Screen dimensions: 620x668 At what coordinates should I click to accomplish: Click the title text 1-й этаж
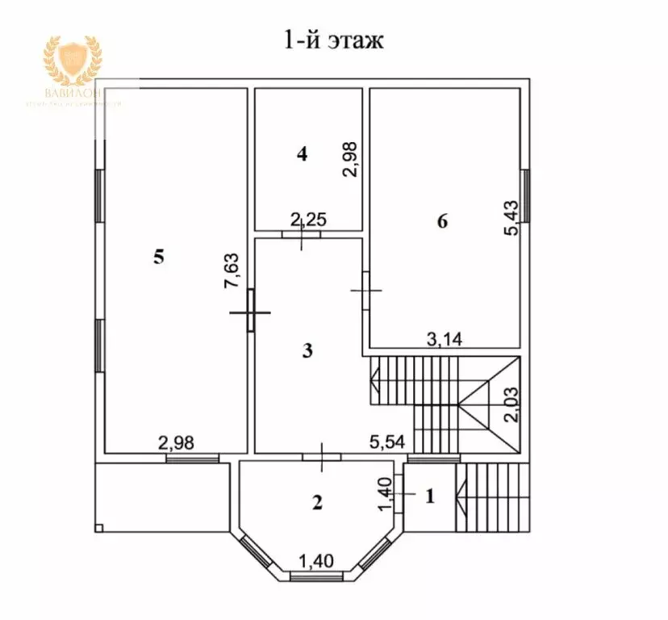[333, 40]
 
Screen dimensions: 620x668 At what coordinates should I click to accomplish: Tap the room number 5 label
[158, 257]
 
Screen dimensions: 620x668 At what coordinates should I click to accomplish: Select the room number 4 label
[302, 154]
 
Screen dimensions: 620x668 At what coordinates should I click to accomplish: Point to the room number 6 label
[441, 221]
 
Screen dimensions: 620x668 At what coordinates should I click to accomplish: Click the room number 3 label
[307, 350]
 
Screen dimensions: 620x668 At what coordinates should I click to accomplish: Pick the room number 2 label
[317, 502]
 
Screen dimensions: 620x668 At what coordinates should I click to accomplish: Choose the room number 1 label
[429, 496]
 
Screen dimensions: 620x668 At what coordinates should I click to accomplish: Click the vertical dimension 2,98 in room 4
[349, 159]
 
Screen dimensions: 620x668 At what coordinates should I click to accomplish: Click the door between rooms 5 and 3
[251, 311]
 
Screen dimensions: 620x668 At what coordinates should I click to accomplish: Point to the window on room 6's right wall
[525, 195]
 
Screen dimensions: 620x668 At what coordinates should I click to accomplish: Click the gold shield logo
[72, 63]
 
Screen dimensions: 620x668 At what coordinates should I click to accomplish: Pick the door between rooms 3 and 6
[365, 290]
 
